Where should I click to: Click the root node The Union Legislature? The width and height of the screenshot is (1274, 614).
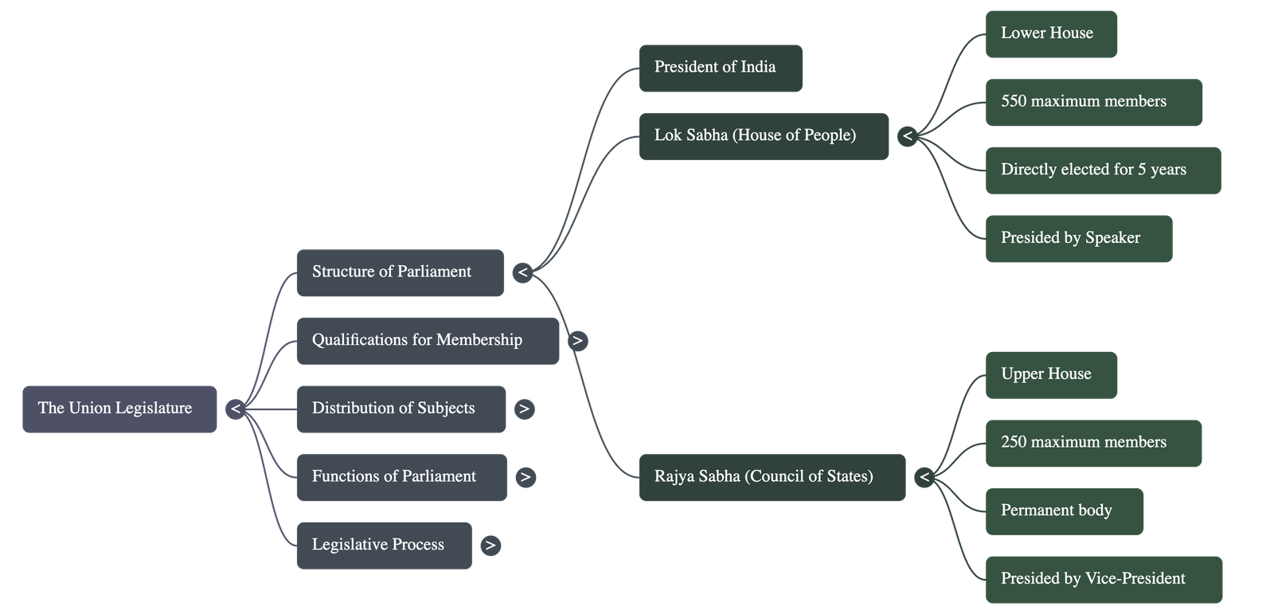click(119, 409)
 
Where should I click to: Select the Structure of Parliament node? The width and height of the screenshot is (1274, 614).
click(400, 272)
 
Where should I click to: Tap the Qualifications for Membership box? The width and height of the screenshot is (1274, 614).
click(428, 341)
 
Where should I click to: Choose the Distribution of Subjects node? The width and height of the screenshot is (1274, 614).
click(401, 409)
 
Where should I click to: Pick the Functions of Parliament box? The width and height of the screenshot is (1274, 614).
click(401, 477)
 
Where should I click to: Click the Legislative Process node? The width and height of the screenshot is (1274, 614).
click(384, 546)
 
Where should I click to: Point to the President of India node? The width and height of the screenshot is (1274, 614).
click(720, 68)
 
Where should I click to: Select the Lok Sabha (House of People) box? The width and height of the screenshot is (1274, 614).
click(763, 136)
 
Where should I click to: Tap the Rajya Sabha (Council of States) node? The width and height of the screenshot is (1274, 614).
click(772, 477)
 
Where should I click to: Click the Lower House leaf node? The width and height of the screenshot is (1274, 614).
click(1051, 33)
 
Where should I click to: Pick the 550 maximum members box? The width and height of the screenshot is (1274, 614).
click(1093, 102)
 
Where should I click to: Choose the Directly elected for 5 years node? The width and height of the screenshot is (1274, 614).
click(1102, 170)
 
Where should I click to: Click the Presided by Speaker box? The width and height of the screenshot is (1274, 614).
click(1078, 238)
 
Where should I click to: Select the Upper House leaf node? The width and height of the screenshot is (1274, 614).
click(1051, 374)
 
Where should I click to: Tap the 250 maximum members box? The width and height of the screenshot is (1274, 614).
click(1093, 443)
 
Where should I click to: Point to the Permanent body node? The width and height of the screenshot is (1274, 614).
click(1065, 511)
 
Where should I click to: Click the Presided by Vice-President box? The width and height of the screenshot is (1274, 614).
click(1103, 579)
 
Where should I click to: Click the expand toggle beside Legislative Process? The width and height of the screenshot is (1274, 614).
click(490, 546)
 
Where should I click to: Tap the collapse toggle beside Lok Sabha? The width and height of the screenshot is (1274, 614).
click(907, 136)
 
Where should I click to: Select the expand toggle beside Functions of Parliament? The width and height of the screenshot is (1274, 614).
click(524, 477)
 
